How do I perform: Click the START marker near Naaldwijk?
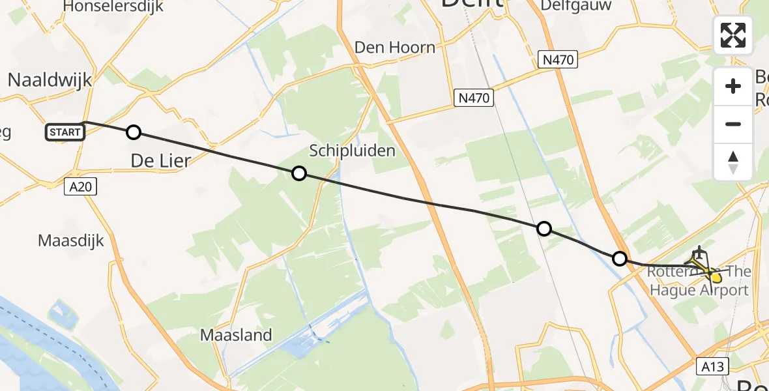(x=65, y=132)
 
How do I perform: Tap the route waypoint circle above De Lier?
(x=133, y=133)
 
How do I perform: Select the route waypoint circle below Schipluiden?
(x=298, y=173)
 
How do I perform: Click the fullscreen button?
(x=733, y=35)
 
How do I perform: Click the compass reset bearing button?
(x=733, y=162)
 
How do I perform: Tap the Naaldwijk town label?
(x=50, y=80)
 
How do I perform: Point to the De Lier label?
(x=160, y=160)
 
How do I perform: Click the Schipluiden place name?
(x=352, y=151)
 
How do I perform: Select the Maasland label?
(x=236, y=336)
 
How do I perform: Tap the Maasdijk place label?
(x=70, y=240)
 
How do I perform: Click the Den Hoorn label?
(x=395, y=47)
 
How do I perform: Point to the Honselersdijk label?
(x=113, y=7)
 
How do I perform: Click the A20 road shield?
(x=81, y=187)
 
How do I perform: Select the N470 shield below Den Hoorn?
(x=474, y=98)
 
